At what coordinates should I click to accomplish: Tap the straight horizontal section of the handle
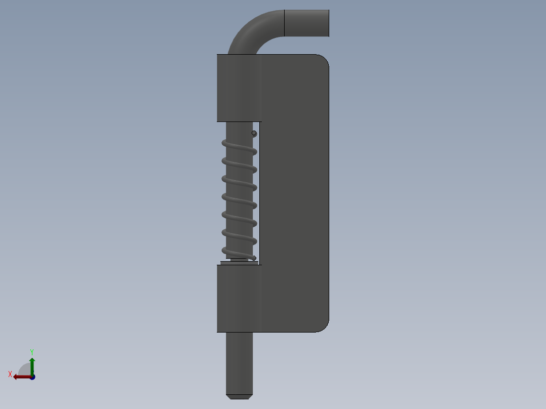coord(306,23)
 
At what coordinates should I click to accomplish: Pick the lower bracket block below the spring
coord(236,299)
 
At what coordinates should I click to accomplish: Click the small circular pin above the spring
coord(254,133)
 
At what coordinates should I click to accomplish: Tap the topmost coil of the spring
coord(239,147)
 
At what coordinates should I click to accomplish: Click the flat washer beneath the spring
coord(239,263)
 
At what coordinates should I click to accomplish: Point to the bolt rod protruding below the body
coord(239,359)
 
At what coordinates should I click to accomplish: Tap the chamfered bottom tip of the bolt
coord(239,396)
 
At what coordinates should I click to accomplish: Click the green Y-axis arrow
coord(32,364)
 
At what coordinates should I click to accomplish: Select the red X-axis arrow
coord(20,377)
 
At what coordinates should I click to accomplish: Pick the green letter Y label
coord(32,351)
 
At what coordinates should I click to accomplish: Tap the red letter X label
coord(10,375)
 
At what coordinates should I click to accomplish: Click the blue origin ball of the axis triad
coord(32,377)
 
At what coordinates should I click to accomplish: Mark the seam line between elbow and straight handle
coord(284,23)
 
